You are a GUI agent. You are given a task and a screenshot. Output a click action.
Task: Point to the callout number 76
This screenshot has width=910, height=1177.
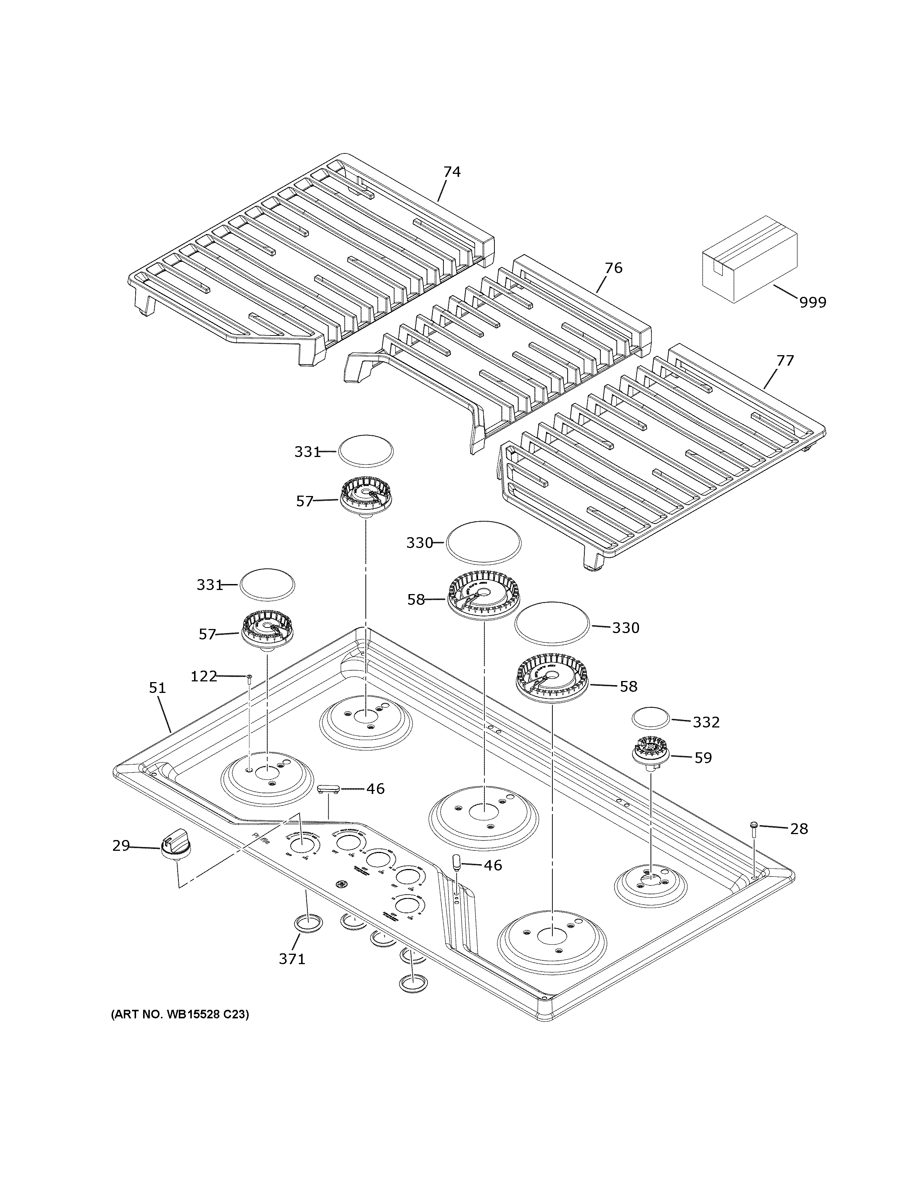point(613,268)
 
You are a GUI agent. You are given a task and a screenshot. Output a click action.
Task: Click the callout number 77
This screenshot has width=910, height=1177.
point(785,360)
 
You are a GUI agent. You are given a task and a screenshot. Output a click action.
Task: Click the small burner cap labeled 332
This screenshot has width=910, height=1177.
point(650,719)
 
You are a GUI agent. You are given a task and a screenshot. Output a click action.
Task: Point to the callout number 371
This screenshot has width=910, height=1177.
point(292,959)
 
